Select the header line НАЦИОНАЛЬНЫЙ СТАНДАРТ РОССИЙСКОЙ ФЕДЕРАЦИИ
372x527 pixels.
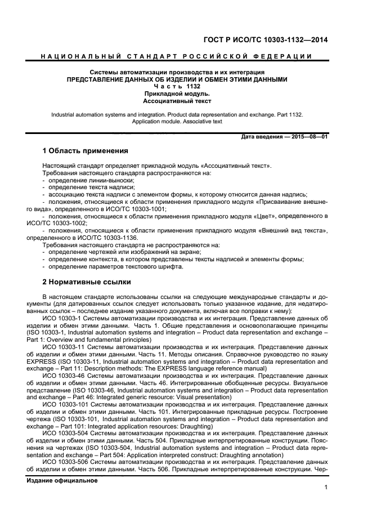pos(177,56)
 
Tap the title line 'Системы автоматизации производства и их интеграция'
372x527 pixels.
pos(177,73)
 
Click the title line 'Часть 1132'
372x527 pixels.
pos(177,87)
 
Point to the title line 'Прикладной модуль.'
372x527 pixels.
pos(177,94)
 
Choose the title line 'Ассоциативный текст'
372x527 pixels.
pos(177,101)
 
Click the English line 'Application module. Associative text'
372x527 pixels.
pos(177,121)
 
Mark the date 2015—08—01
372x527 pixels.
pos(308,137)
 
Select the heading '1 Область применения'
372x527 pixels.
pos(86,151)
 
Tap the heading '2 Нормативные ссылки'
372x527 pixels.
pos(87,282)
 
